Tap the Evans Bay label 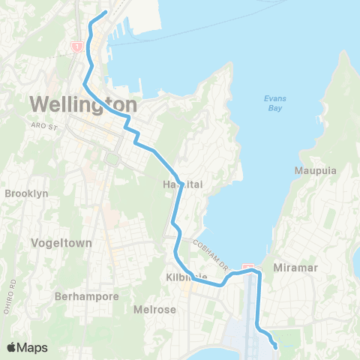[275, 103]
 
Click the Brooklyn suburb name [26, 193]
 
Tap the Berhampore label [87, 296]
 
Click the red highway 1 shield [76, 46]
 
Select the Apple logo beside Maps [12, 347]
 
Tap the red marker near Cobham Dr [249, 268]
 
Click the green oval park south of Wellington [113, 158]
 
